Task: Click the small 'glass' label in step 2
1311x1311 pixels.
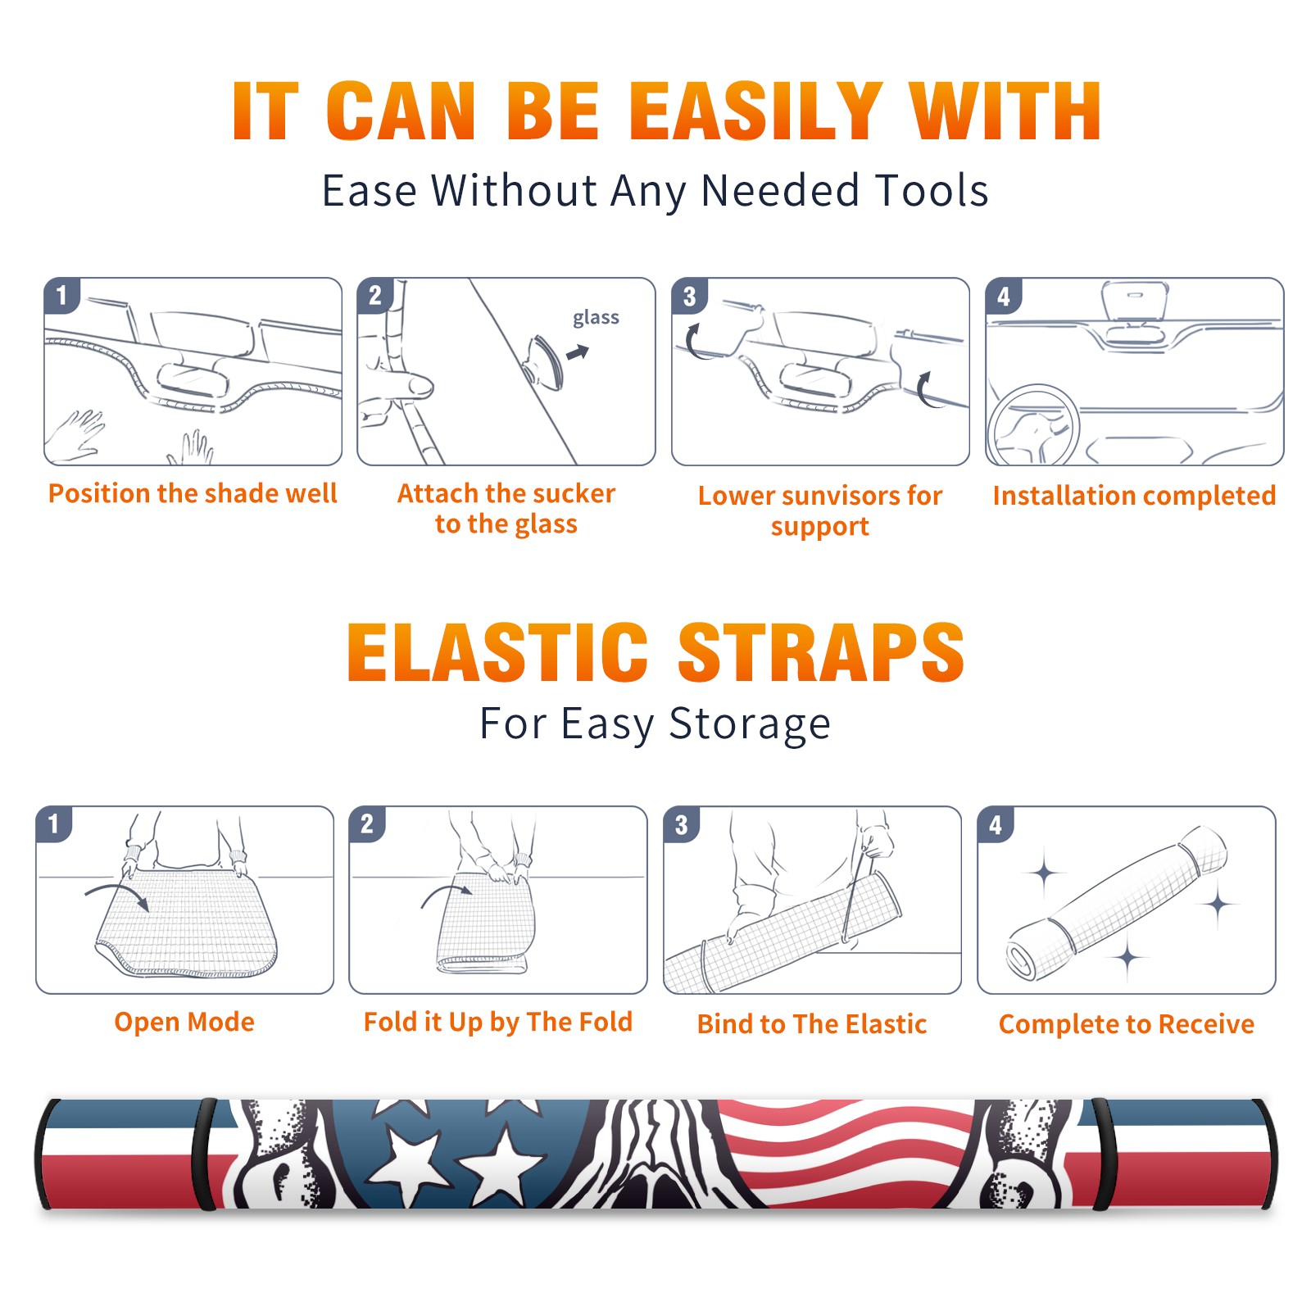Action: tap(596, 318)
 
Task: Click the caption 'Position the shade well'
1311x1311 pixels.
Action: tap(193, 493)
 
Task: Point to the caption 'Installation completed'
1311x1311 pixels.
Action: tap(1134, 495)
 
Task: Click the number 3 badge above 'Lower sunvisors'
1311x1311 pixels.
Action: tap(689, 296)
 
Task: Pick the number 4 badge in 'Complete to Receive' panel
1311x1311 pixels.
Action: tap(996, 824)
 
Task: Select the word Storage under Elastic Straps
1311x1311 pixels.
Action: tap(750, 724)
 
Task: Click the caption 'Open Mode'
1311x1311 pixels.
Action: tap(184, 1022)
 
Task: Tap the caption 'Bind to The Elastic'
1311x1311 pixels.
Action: tap(812, 1024)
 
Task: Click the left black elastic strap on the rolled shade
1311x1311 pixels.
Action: tap(205, 1154)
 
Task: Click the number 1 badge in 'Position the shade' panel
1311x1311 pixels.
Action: tap(61, 295)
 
